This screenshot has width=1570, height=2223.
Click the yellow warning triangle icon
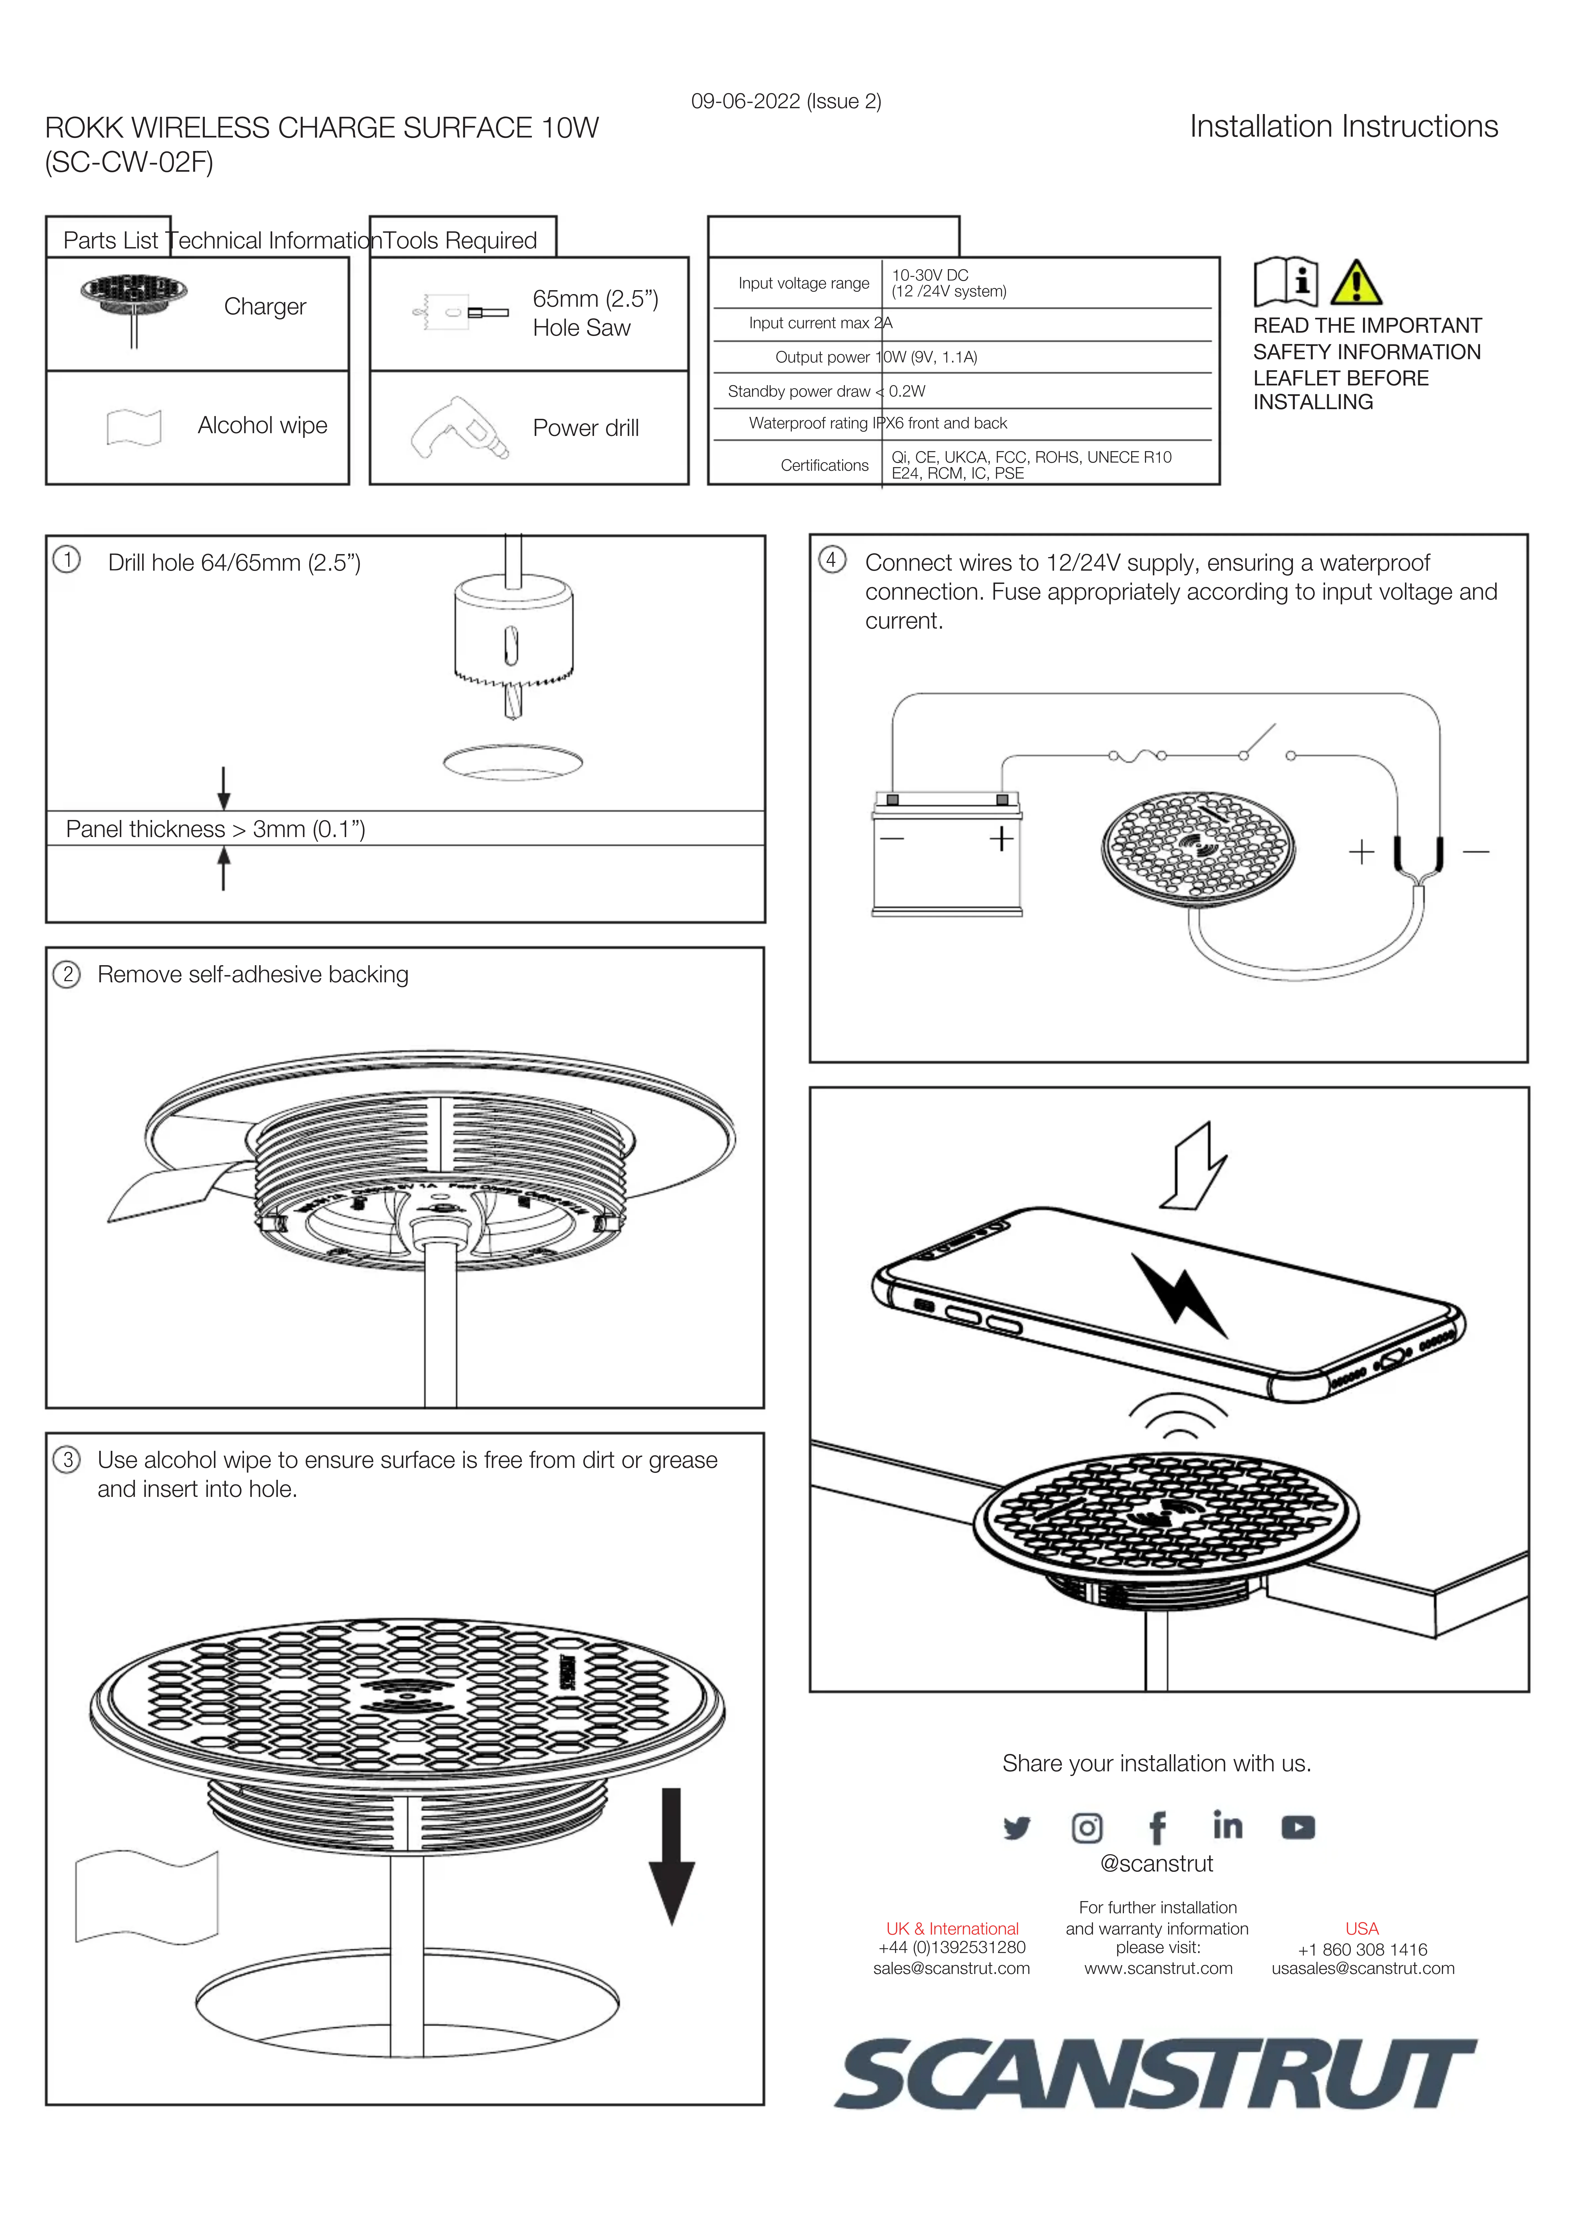tap(1356, 283)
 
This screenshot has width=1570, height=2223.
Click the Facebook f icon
tap(1157, 1828)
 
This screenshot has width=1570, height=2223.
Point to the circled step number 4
tap(831, 560)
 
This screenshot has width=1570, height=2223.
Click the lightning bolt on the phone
tap(1179, 1295)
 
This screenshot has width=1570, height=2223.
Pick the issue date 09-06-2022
tap(745, 101)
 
